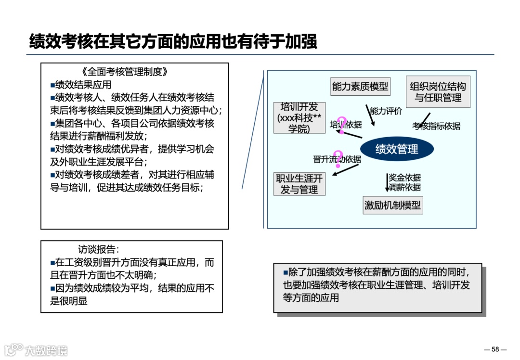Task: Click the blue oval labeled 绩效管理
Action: [397, 149]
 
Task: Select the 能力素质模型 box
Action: [360, 87]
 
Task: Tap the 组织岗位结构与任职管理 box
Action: [438, 92]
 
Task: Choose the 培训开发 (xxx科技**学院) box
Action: [299, 118]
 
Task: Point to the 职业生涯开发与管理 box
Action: [299, 184]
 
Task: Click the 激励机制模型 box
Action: [392, 206]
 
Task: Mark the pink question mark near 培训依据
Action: [342, 125]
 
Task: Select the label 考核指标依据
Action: [436, 126]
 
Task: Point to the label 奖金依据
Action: [405, 178]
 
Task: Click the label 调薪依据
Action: [405, 187]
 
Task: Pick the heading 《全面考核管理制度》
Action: [125, 72]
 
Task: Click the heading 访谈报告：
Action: [98, 249]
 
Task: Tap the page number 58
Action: [495, 349]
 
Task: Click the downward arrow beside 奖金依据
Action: [387, 183]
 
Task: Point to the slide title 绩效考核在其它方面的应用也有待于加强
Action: [173, 41]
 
